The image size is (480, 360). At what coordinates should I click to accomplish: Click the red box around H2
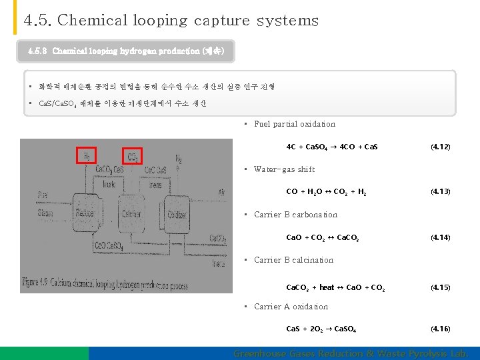87,155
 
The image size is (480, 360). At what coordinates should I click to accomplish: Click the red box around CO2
132,155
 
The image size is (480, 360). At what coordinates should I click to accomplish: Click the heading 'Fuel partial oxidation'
294,124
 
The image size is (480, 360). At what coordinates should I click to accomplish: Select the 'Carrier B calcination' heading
293,260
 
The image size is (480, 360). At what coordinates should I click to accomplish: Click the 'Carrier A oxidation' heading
291,307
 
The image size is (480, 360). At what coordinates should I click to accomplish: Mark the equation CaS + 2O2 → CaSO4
321,329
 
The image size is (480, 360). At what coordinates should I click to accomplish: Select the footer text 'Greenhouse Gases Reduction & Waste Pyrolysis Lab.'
351,353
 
